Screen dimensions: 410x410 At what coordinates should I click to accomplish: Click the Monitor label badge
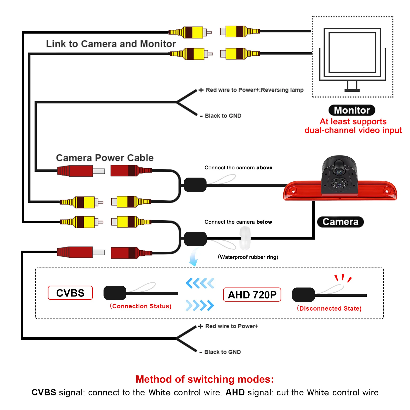coord(352,110)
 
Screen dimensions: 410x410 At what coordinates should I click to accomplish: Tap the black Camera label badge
coord(340,222)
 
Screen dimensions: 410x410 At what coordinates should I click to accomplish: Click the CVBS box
coord(70,293)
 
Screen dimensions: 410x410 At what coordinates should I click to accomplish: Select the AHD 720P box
coord(252,295)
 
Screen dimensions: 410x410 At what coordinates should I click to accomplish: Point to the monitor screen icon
coord(352,53)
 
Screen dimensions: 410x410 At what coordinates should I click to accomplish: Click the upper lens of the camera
coord(339,171)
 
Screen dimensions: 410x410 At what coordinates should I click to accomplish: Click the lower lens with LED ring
coord(339,184)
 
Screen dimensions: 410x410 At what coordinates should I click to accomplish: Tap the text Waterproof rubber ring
coord(248,257)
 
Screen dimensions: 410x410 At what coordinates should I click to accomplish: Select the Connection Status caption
coord(141,306)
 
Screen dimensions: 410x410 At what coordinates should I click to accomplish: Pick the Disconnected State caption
coord(329,309)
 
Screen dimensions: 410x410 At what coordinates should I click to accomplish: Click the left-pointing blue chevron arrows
coord(200,283)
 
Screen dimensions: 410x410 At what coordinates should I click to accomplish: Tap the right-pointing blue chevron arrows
coord(200,305)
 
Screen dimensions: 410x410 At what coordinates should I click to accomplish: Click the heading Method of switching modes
coord(205,379)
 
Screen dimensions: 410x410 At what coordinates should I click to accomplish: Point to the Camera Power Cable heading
coord(105,158)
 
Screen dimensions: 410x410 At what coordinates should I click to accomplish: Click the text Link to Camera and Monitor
coord(111,44)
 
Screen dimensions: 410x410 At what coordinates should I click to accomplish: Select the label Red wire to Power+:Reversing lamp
coord(254,90)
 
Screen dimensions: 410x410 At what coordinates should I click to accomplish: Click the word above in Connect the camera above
coord(264,168)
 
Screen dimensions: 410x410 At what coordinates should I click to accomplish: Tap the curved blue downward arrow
coord(193,258)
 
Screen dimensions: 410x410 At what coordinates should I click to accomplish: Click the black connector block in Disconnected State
coord(303,295)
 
